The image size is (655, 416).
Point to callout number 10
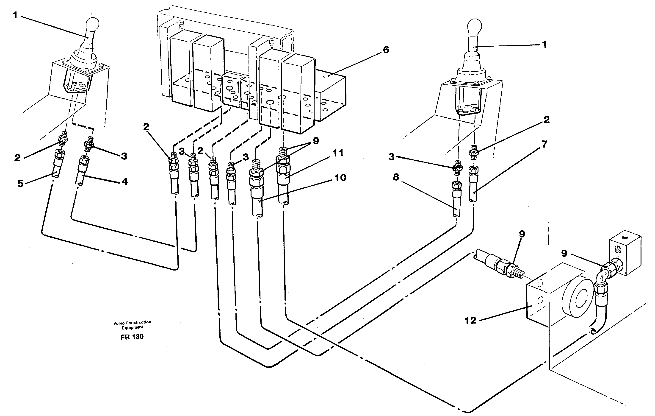pos(340,178)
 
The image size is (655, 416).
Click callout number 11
pos(338,153)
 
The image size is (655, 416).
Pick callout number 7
pos(544,144)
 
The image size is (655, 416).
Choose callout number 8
pos(396,177)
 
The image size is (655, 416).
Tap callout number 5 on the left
pos(20,183)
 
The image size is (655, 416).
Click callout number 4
pos(124,181)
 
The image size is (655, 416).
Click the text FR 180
pos(132,337)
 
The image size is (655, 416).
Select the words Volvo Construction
pos(132,322)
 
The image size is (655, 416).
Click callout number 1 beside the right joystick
pos(544,44)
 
